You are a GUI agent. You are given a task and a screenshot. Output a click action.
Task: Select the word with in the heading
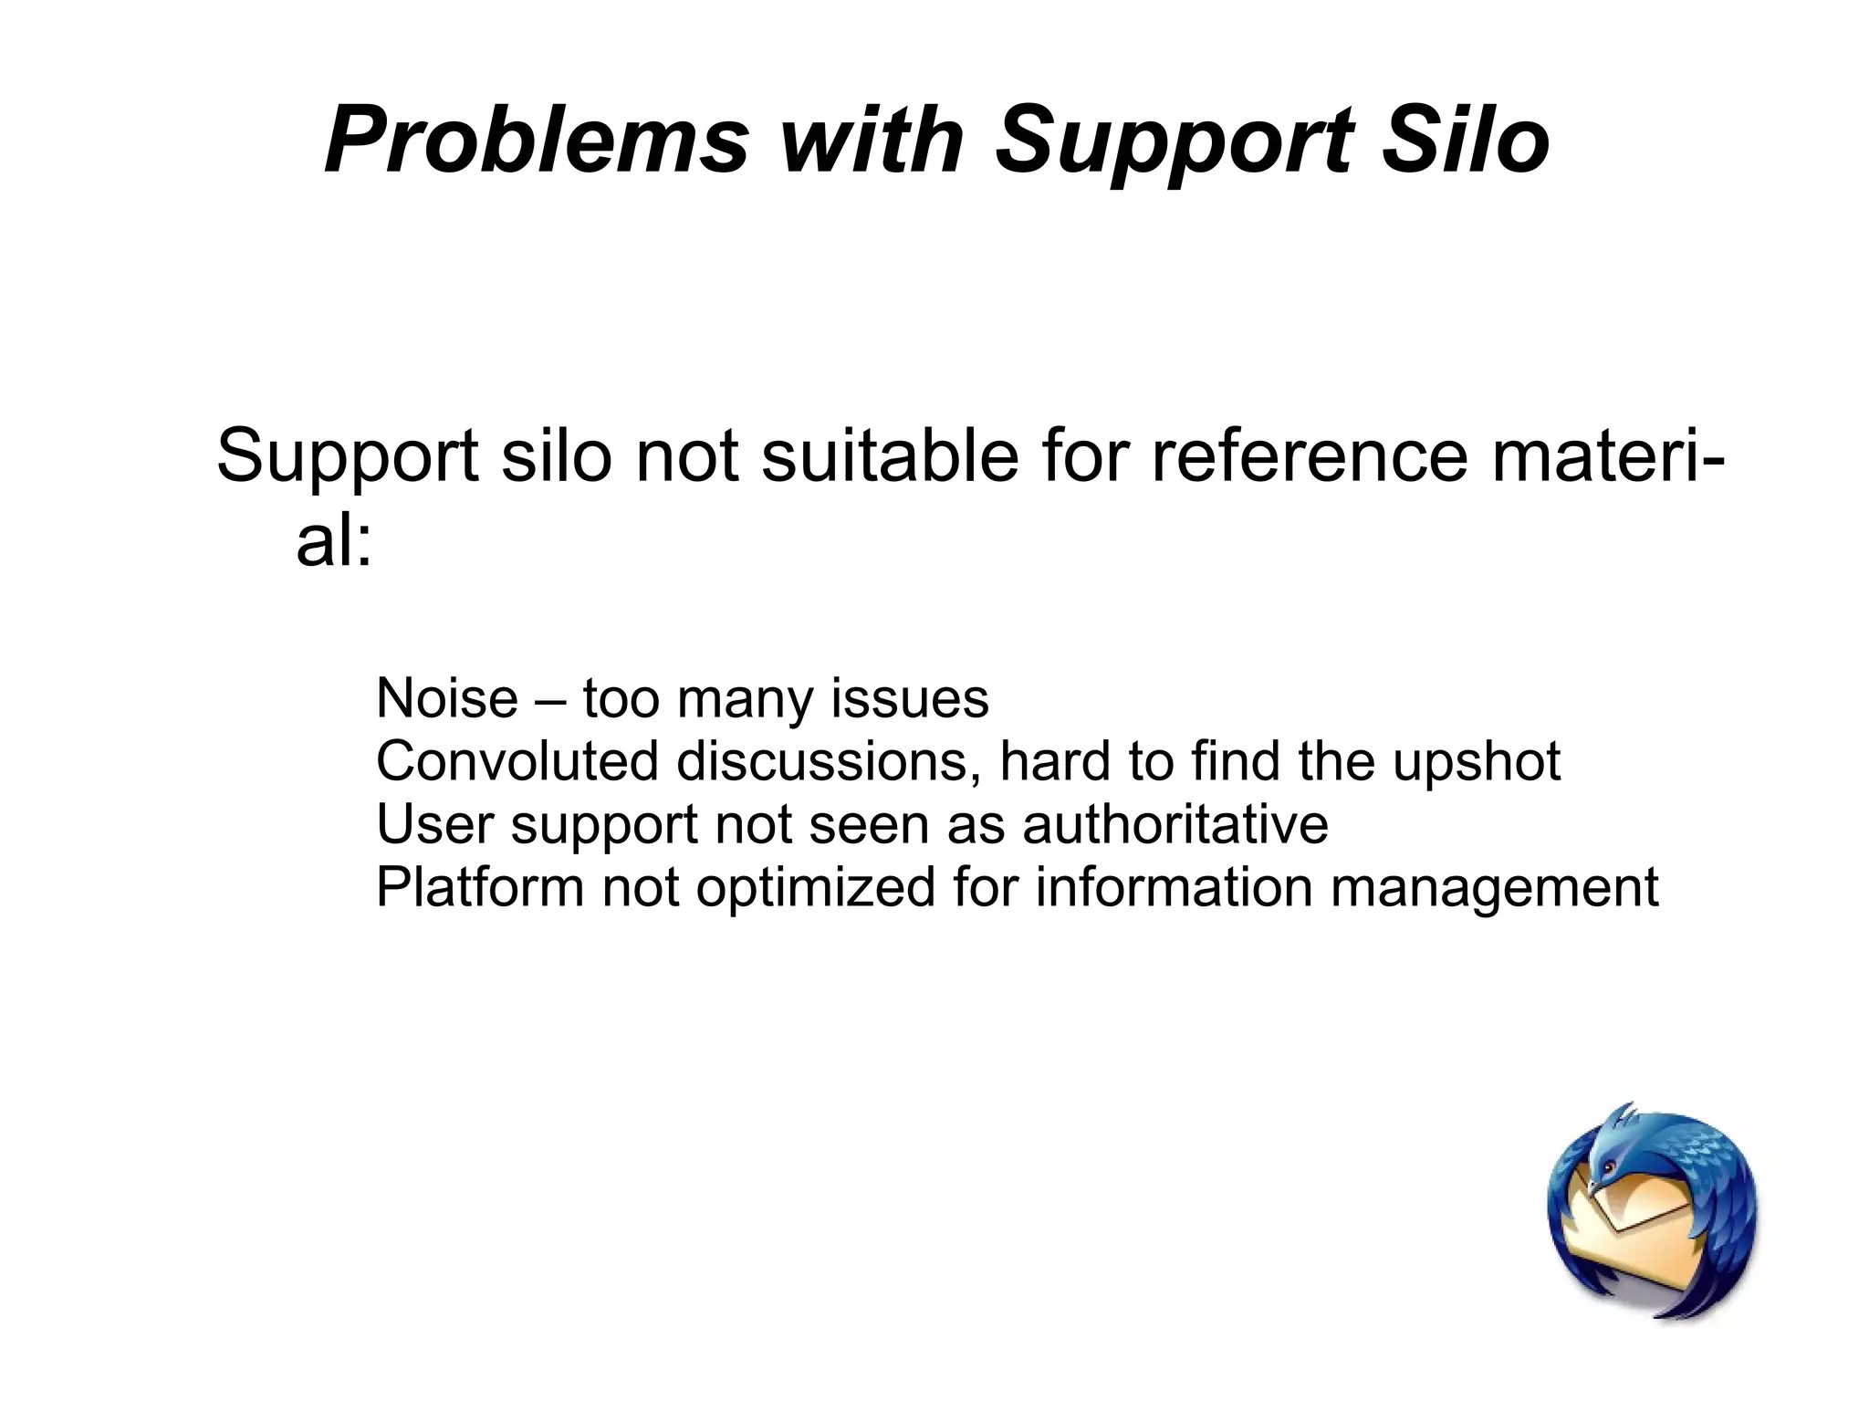point(872,141)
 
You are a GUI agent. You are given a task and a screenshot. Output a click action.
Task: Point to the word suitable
point(890,456)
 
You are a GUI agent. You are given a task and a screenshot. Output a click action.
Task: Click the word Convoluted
point(517,761)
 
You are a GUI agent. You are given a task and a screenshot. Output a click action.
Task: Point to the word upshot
point(1476,763)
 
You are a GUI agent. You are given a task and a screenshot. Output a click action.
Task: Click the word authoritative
point(1175,824)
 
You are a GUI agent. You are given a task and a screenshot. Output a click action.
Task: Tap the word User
point(434,824)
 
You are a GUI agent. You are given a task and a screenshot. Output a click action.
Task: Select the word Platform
point(479,887)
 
